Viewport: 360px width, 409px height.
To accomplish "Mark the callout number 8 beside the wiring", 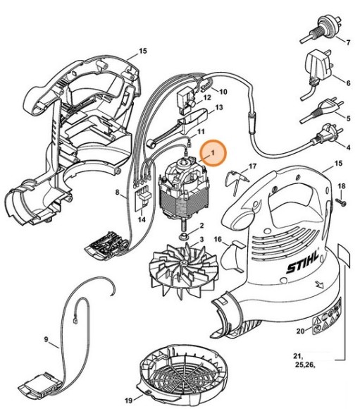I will pos(118,191).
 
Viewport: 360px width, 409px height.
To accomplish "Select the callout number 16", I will pos(218,240).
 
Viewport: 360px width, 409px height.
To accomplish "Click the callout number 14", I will pos(142,219).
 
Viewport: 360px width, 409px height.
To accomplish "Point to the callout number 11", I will pos(201,132).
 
